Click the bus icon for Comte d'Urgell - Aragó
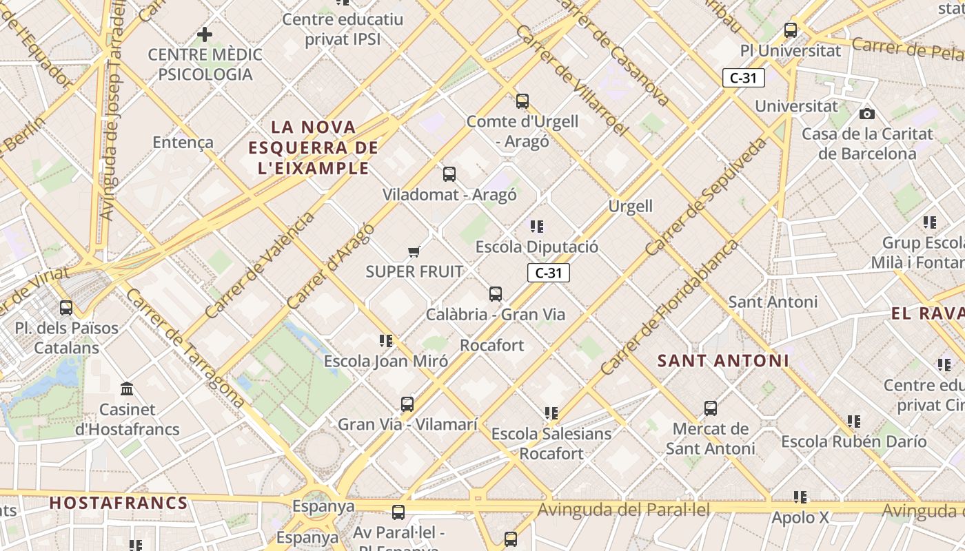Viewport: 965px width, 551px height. tap(522, 101)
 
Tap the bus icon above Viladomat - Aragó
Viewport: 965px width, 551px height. tap(449, 174)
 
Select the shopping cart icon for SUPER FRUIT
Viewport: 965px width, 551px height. tap(414, 251)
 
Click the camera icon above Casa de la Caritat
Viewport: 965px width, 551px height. tap(867, 114)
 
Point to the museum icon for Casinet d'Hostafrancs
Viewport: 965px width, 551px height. tap(127, 389)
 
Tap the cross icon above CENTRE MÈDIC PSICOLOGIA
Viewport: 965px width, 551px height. tap(205, 34)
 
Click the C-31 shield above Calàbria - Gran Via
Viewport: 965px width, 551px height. tap(549, 273)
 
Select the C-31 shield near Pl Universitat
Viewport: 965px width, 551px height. tap(744, 78)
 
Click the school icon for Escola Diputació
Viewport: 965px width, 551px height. tap(537, 226)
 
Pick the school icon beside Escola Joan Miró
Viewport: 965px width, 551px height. tap(386, 340)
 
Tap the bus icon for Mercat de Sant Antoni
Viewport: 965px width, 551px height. tap(711, 408)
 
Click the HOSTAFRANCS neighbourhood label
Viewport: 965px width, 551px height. tap(119, 503)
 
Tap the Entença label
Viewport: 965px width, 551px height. tap(183, 143)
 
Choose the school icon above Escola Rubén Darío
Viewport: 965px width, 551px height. tap(854, 421)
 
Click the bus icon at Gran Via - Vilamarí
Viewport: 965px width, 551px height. tap(407, 404)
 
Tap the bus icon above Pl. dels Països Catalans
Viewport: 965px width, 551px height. tap(66, 307)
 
